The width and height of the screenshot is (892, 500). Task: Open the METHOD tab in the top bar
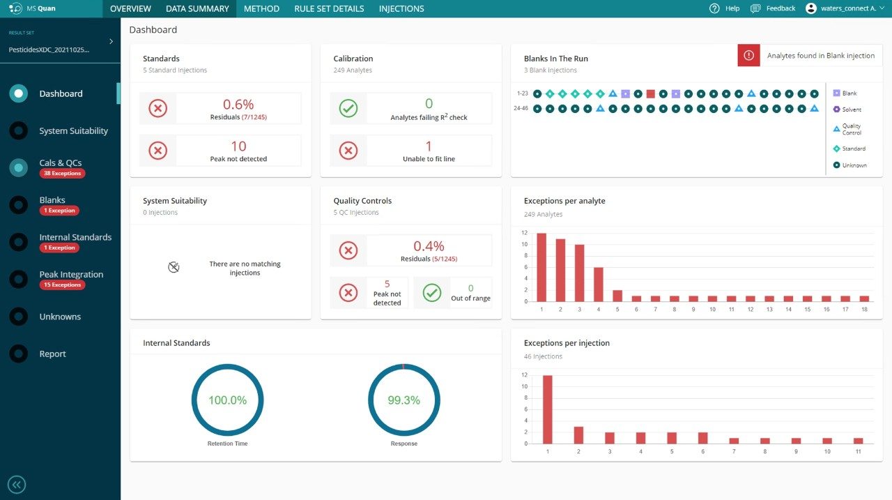[261, 9]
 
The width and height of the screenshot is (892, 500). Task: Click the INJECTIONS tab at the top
[401, 9]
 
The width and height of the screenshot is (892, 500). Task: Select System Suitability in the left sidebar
[73, 131]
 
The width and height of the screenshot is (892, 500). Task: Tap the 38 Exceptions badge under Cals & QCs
[62, 174]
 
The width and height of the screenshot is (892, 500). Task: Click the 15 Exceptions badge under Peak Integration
[62, 285]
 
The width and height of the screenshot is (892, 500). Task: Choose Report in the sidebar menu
[52, 354]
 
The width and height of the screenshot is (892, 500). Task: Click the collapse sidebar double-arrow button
[17, 485]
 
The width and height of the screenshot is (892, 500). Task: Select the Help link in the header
[725, 8]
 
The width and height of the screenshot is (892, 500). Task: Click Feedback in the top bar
[773, 8]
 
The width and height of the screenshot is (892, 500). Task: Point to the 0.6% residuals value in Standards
[238, 105]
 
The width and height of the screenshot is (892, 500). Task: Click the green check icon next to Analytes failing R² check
[348, 109]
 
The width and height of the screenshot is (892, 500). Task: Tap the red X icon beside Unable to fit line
[348, 150]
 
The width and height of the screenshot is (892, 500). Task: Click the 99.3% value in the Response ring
[403, 400]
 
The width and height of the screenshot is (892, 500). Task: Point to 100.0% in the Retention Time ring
[227, 400]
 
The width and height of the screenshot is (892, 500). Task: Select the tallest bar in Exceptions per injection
[548, 409]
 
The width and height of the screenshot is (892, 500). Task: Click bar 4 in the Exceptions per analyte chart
[598, 284]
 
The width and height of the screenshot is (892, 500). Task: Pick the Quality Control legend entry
[851, 129]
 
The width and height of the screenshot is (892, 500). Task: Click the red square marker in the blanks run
[650, 93]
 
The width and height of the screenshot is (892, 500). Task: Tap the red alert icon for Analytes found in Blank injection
[748, 56]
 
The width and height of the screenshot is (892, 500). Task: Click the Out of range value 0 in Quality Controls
[470, 288]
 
